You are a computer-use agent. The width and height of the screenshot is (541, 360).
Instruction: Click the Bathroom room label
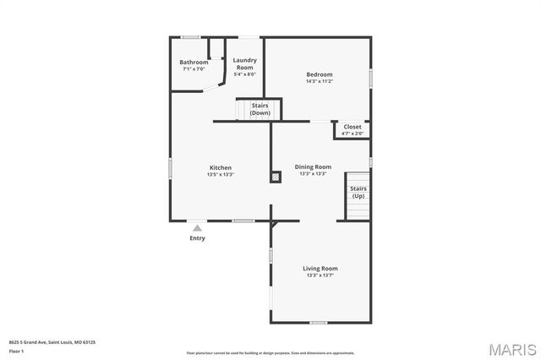194,62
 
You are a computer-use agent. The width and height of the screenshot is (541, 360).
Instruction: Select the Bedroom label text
320,74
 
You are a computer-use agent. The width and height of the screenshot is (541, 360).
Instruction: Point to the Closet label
352,127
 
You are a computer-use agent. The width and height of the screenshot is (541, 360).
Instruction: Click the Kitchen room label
220,167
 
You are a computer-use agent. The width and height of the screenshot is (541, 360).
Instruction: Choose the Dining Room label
313,166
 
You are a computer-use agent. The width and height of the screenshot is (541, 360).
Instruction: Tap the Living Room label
320,269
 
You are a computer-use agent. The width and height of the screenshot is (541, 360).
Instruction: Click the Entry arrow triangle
197,226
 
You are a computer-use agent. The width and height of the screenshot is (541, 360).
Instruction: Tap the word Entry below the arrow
197,238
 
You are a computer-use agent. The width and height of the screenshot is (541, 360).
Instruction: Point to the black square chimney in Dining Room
276,177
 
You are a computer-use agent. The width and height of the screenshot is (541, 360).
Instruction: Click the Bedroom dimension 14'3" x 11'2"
320,81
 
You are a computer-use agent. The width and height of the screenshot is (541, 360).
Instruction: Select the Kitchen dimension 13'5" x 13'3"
220,174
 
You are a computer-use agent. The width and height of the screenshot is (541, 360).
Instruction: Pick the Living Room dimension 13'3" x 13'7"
320,275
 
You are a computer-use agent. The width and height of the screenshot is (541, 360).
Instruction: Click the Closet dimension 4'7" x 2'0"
352,134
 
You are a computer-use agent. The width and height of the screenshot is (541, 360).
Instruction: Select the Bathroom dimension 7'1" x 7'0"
194,68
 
